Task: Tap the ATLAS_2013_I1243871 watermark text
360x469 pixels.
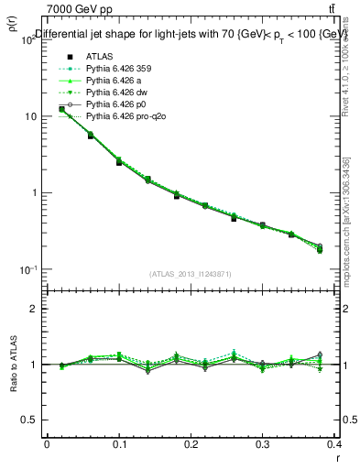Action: pyautogui.click(x=190, y=274)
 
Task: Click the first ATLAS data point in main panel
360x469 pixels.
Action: pyautogui.click(x=61, y=109)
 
